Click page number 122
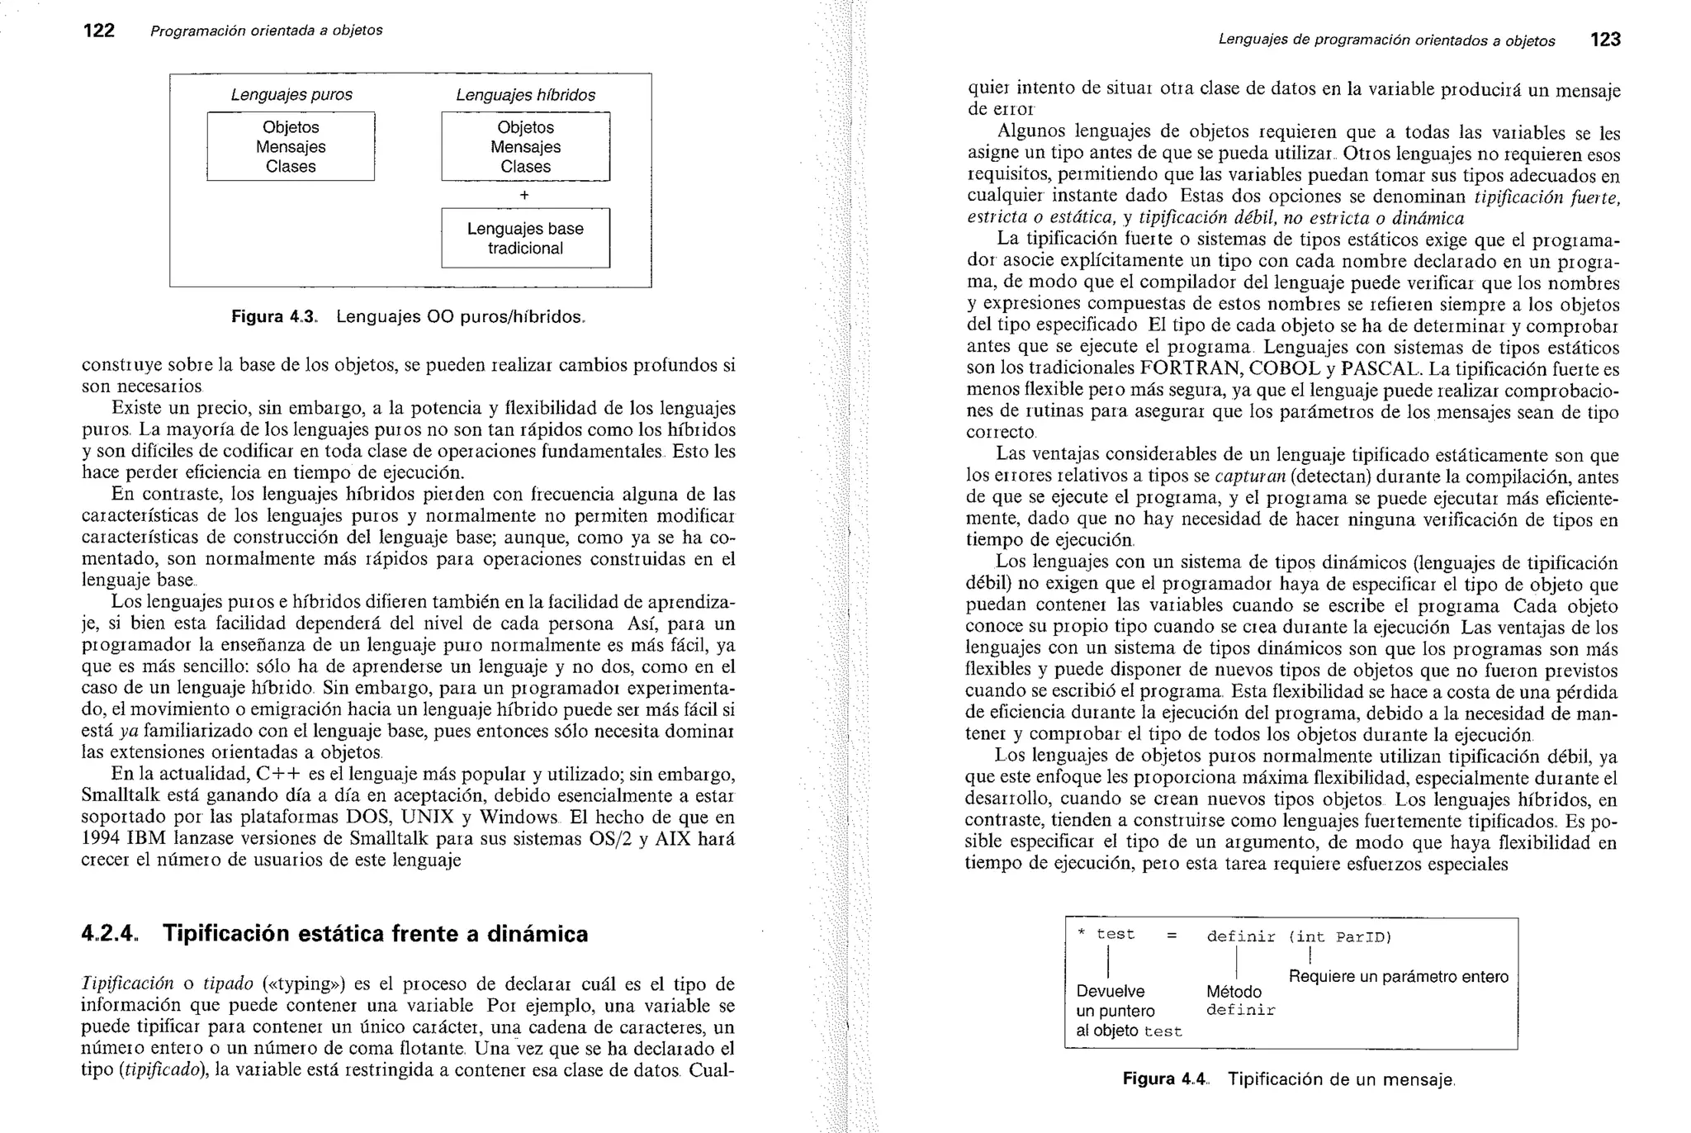pyautogui.click(x=98, y=31)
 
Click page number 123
pyautogui.click(x=1605, y=40)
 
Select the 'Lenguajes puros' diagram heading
pyautogui.click(x=291, y=95)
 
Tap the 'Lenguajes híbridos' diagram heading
pyautogui.click(x=525, y=96)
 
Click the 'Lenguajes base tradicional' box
pyautogui.click(x=525, y=239)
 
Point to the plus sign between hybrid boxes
pyautogui.click(x=524, y=195)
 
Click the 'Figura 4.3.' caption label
pyautogui.click(x=273, y=317)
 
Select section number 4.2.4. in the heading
pyautogui.click(x=111, y=934)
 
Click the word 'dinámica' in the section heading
pyautogui.click(x=538, y=934)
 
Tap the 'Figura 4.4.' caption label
pyautogui.click(x=1165, y=1079)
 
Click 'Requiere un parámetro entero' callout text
pyautogui.click(x=1398, y=977)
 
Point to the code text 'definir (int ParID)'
pyautogui.click(x=1299, y=936)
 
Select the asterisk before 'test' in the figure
pyautogui.click(x=1081, y=934)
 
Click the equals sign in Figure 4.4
pyautogui.click(x=1171, y=936)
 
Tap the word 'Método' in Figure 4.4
pyautogui.click(x=1234, y=992)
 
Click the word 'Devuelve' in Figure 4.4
pyautogui.click(x=1111, y=991)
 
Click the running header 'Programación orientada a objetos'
pyautogui.click(x=266, y=31)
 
